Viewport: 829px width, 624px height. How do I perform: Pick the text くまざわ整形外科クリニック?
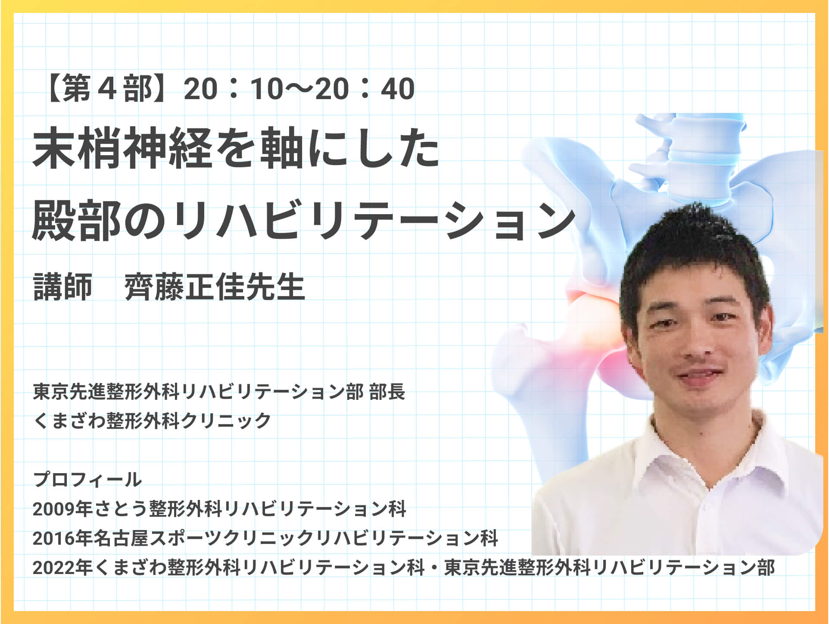point(152,421)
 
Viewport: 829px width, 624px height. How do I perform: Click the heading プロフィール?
point(87,479)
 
